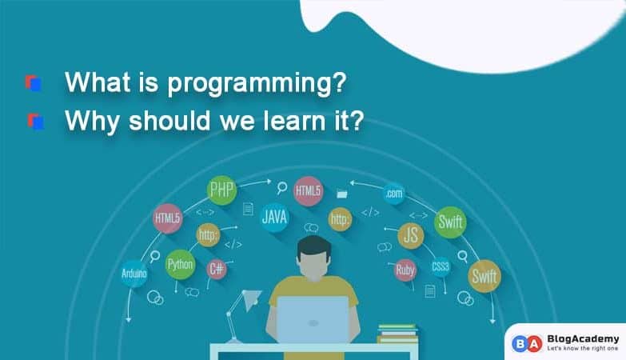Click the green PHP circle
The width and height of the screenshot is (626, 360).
[x=221, y=192]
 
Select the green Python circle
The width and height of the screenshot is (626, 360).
[x=180, y=264]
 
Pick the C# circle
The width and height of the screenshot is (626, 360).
[x=216, y=269]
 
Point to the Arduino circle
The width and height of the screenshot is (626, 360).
[x=134, y=273]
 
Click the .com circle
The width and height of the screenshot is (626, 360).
[x=393, y=193]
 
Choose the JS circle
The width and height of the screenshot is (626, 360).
[x=411, y=236]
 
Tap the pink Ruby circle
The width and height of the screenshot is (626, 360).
[x=405, y=270]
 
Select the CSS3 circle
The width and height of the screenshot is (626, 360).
[x=441, y=266]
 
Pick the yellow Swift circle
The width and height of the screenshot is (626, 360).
[x=484, y=276]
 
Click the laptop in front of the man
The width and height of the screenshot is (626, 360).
[x=313, y=320]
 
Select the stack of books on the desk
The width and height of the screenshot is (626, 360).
[x=397, y=333]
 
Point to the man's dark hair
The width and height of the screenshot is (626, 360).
[x=313, y=247]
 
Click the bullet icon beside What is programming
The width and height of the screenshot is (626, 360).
[x=33, y=82]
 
